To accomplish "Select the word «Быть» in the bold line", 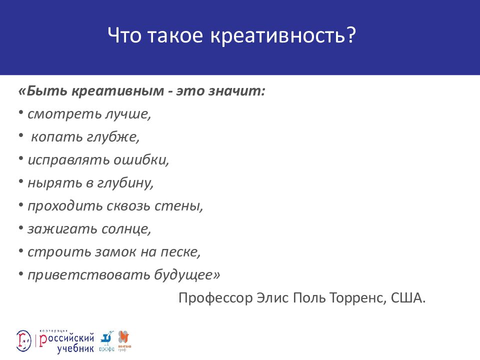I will [x=47, y=91].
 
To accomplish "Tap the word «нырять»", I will [x=50, y=183].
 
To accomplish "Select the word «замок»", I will [x=117, y=252].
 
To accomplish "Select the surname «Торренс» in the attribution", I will [x=356, y=298].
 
